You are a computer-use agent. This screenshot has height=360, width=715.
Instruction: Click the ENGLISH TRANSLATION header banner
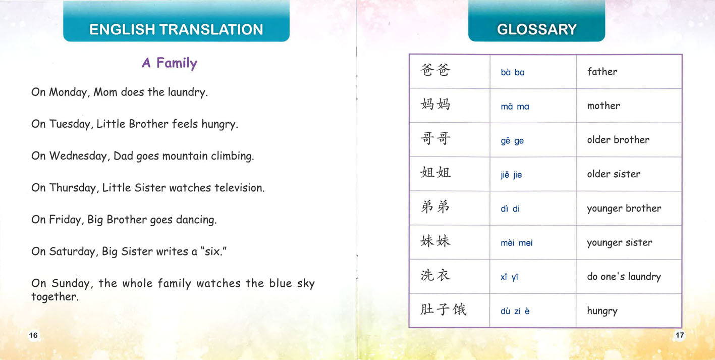(x=176, y=29)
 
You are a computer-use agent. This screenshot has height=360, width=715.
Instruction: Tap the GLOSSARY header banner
(x=536, y=29)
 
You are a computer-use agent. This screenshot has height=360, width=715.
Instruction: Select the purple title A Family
(x=170, y=63)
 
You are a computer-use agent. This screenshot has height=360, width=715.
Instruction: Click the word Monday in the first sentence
(x=69, y=93)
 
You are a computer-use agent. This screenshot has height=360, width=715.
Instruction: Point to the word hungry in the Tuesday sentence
(x=219, y=125)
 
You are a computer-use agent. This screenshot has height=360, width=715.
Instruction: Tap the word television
(x=239, y=188)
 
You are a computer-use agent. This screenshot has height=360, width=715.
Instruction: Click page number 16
(x=33, y=335)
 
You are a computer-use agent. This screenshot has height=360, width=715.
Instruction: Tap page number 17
(x=679, y=335)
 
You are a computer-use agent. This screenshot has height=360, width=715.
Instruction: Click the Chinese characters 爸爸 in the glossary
(x=434, y=70)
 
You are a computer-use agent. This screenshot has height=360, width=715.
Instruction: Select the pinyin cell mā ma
(x=515, y=107)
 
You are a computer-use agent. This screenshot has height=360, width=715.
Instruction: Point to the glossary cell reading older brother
(x=618, y=140)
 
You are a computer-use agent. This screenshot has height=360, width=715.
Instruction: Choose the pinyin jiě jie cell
(x=511, y=175)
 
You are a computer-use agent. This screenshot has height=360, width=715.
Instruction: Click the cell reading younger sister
(x=619, y=242)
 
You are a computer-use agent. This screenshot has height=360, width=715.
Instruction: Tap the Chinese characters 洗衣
(x=434, y=275)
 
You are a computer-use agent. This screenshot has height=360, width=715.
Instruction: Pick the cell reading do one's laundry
(x=624, y=277)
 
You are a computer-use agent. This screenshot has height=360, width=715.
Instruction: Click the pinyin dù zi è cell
(x=515, y=312)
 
